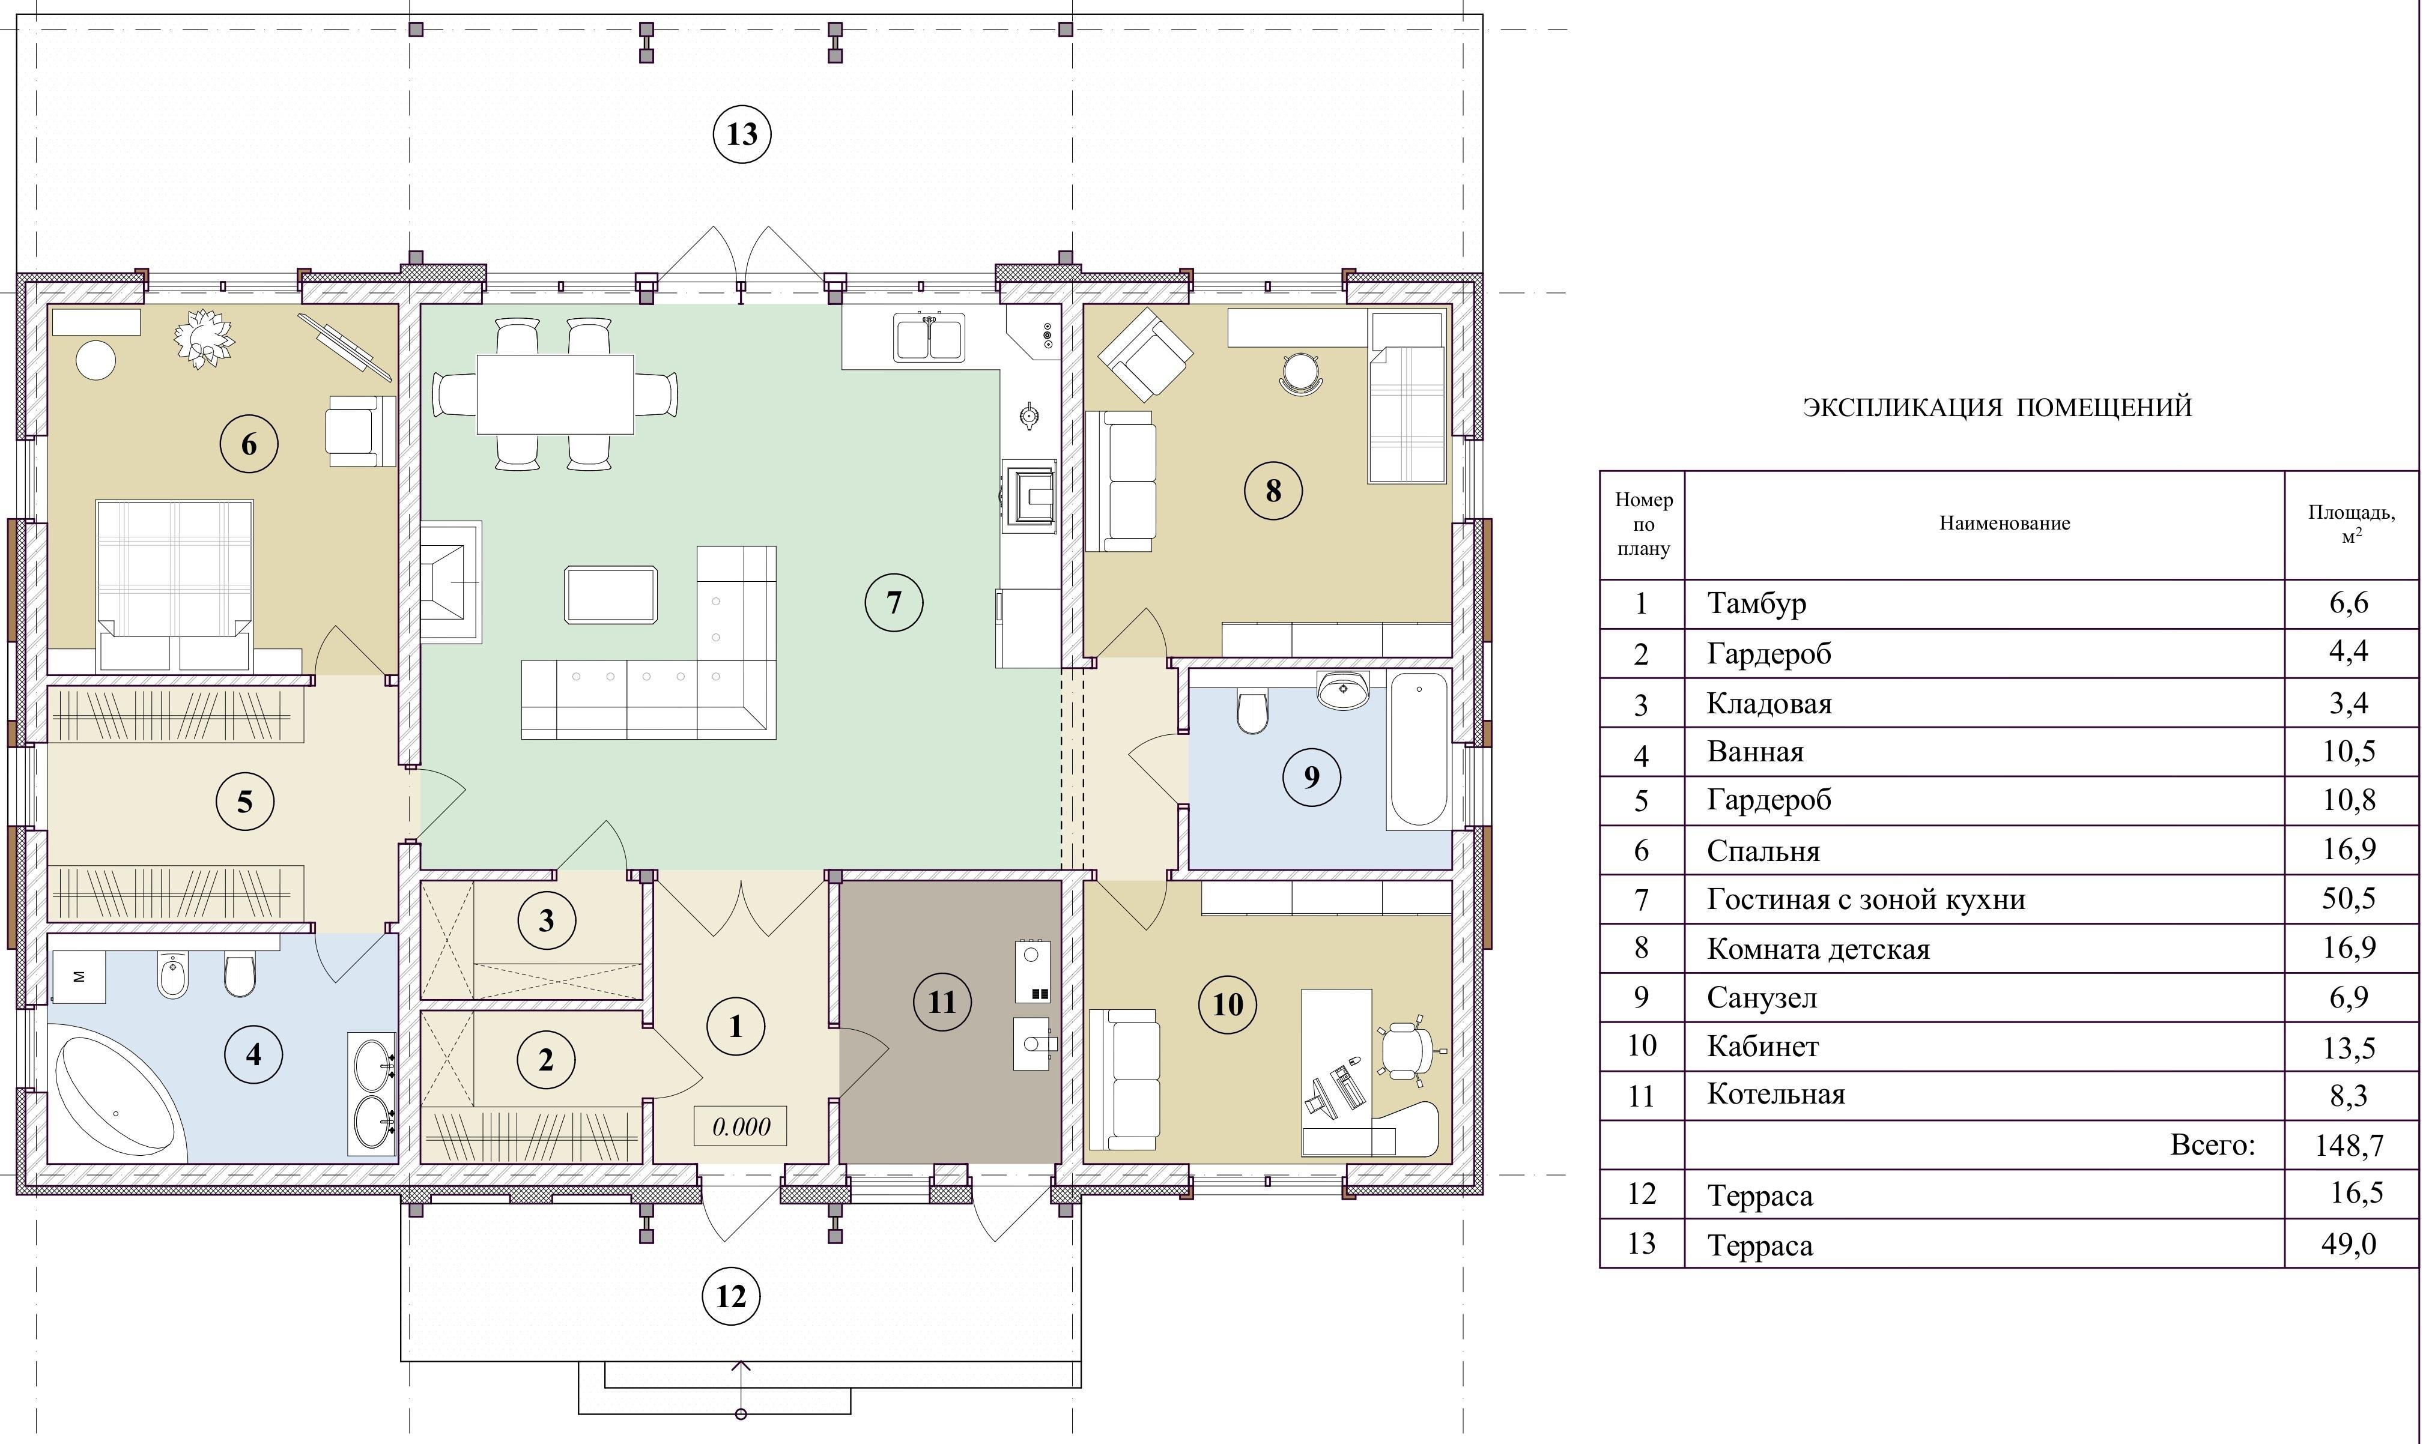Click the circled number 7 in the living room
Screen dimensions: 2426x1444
[x=893, y=602]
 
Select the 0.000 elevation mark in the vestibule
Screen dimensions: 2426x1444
[x=741, y=1127]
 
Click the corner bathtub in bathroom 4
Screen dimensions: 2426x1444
[x=120, y=1099]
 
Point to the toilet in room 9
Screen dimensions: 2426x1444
[x=1252, y=710]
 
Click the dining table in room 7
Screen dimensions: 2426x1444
[x=554, y=394]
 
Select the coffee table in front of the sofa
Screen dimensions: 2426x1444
[x=610, y=594]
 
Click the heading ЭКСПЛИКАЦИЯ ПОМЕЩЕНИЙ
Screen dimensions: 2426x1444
[x=1997, y=406]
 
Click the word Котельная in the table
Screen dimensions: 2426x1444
[x=1776, y=1094]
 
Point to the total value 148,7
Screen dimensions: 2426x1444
[x=2349, y=1144]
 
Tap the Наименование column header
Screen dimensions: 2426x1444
[x=2004, y=524]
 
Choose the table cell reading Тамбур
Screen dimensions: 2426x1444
[x=1756, y=603]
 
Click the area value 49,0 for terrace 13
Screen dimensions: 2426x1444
[x=2349, y=1243]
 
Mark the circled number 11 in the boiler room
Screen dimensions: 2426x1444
[x=942, y=1001]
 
